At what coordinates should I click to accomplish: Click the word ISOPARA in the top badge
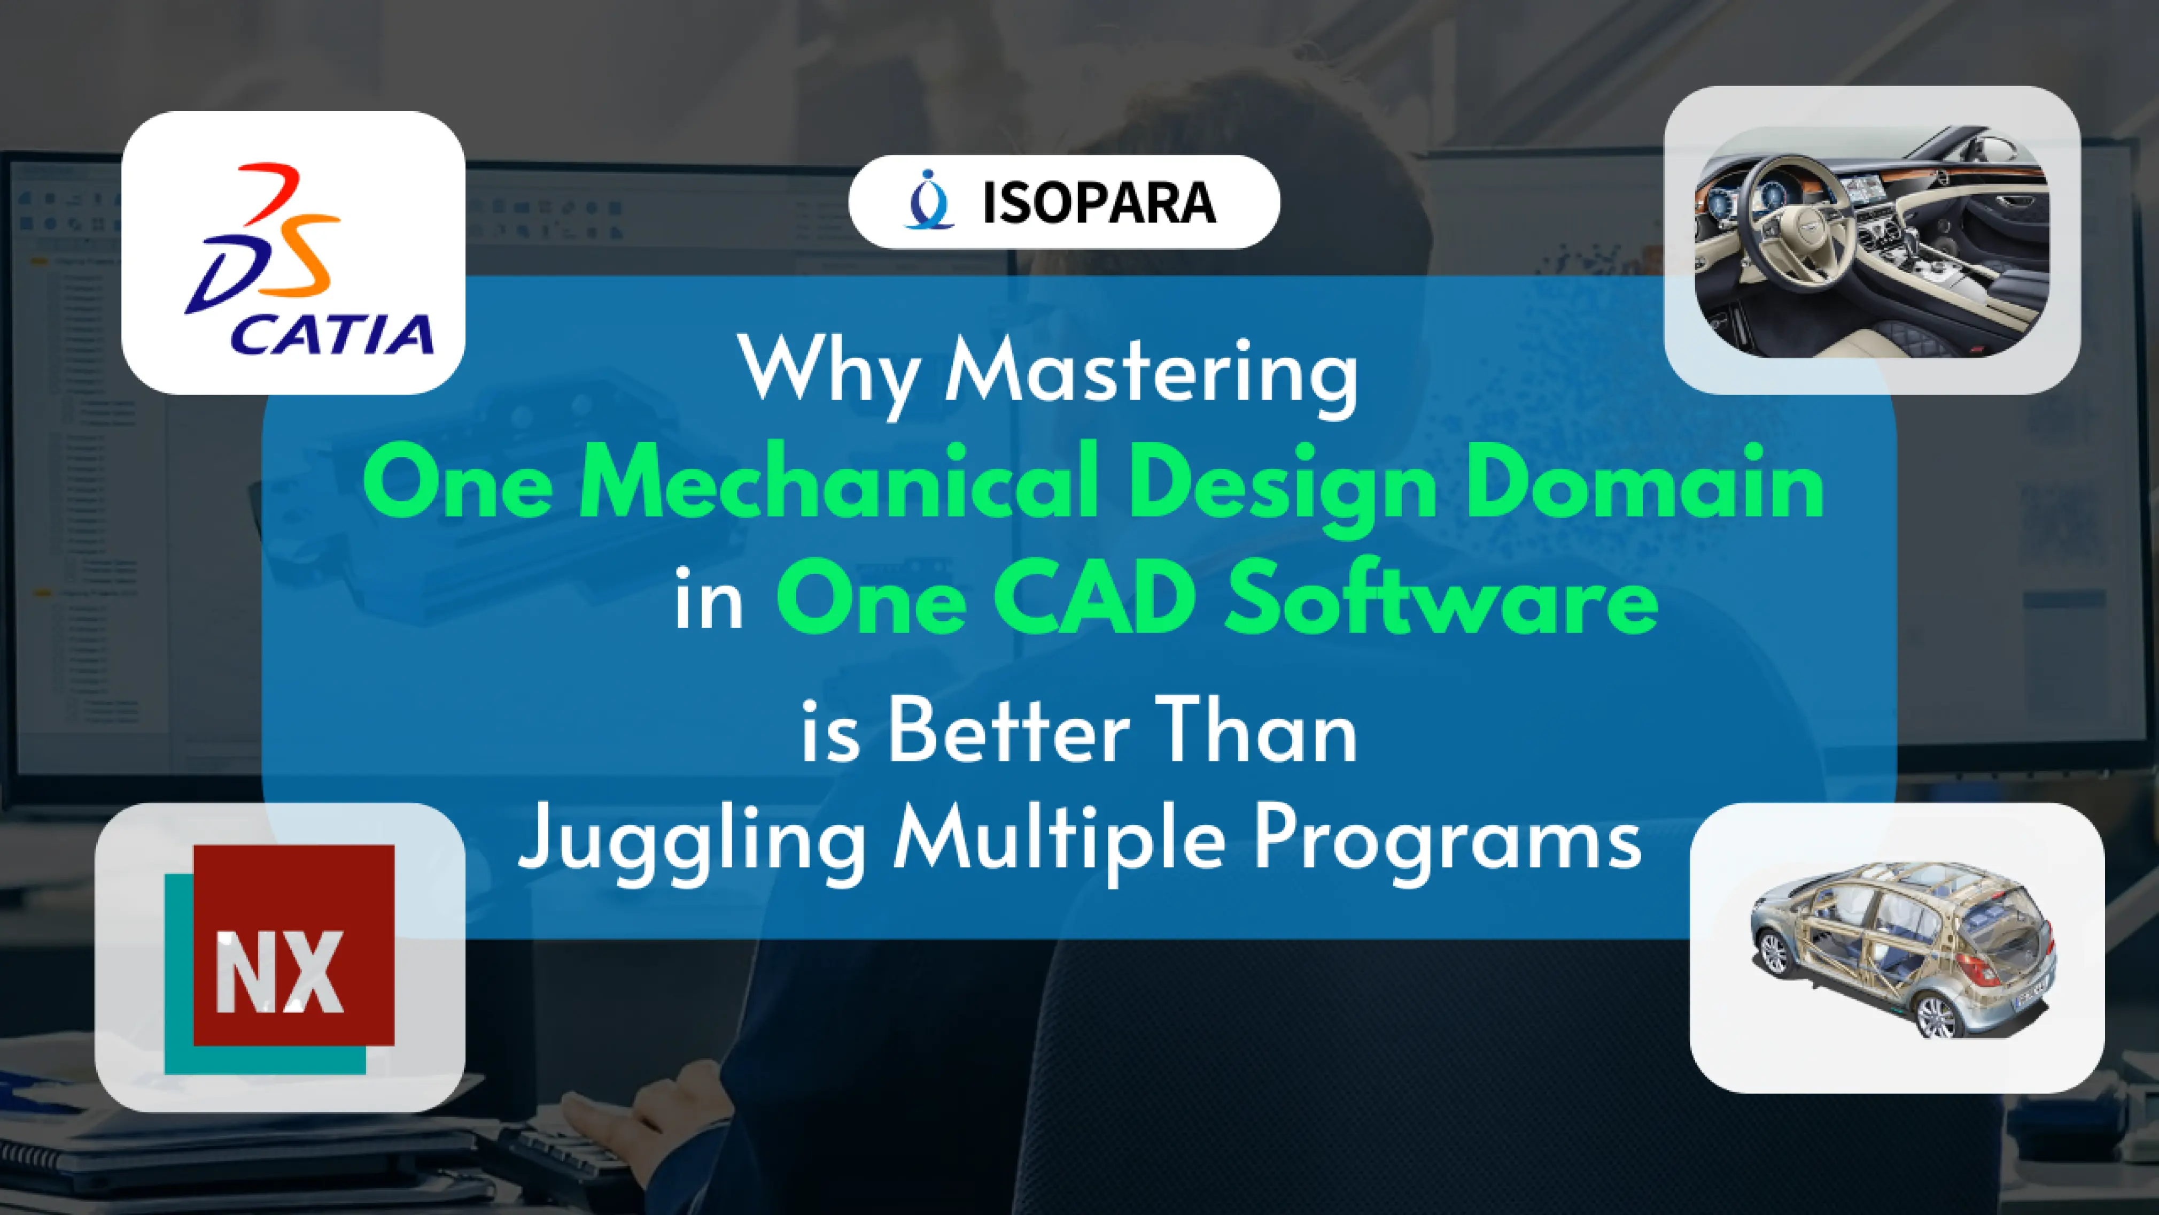tap(1099, 203)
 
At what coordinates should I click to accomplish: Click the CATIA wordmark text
tap(332, 335)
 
